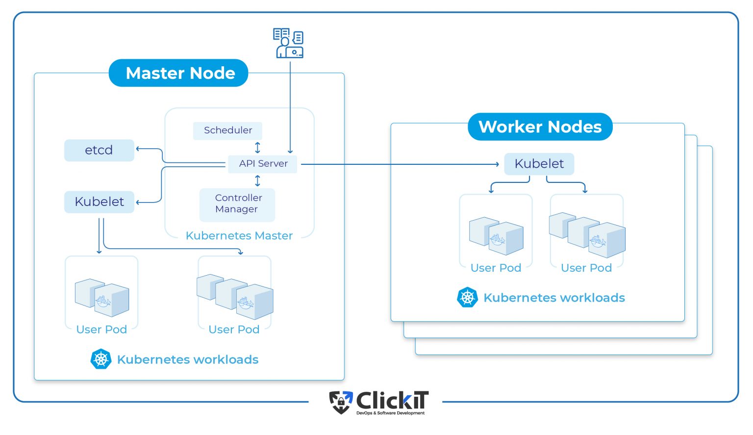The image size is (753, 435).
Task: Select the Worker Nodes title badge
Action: (540, 127)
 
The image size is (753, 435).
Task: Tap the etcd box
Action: (99, 150)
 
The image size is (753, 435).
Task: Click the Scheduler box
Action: (227, 130)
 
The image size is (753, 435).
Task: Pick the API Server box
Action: (263, 164)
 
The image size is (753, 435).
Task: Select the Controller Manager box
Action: (238, 204)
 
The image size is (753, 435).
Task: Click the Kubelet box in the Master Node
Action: (99, 202)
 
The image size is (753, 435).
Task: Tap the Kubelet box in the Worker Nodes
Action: (539, 164)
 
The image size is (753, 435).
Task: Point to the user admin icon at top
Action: (288, 43)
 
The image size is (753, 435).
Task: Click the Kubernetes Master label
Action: (239, 236)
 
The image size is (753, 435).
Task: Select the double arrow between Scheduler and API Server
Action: (257, 147)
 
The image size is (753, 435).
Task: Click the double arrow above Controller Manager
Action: (257, 181)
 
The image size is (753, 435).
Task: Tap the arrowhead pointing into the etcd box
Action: (138, 149)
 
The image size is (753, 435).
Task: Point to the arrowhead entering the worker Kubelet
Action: (497, 164)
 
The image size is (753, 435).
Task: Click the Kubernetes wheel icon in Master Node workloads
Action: (101, 359)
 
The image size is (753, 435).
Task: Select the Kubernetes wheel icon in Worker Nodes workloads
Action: (467, 298)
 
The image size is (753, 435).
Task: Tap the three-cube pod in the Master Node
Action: (235, 296)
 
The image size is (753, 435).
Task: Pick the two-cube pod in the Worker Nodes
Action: (496, 236)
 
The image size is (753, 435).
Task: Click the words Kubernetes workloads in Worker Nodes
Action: (554, 298)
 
